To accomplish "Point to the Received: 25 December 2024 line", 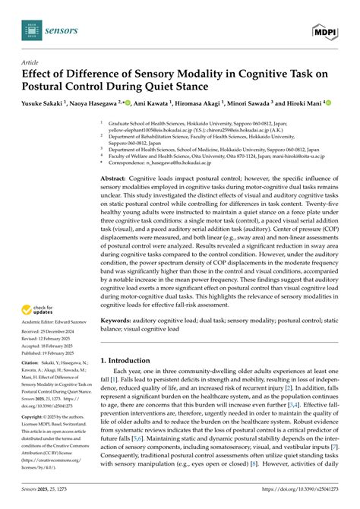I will [52, 311].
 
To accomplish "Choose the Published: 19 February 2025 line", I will [53, 333].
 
